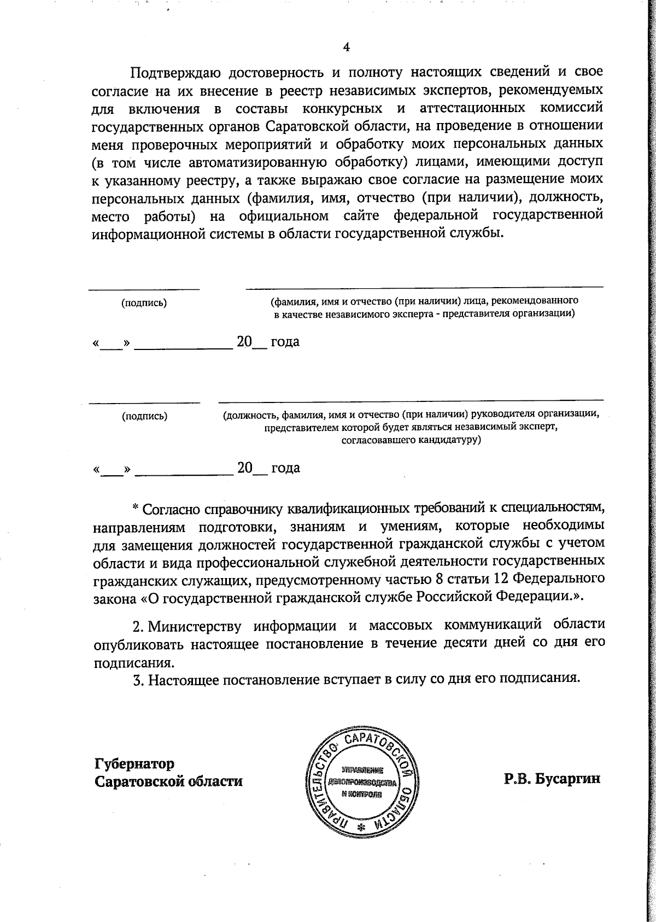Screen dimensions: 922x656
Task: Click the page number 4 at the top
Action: tap(345, 47)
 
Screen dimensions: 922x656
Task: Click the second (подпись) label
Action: tap(144, 416)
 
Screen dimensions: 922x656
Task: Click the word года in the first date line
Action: tap(285, 342)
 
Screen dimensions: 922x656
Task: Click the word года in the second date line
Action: tap(285, 469)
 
